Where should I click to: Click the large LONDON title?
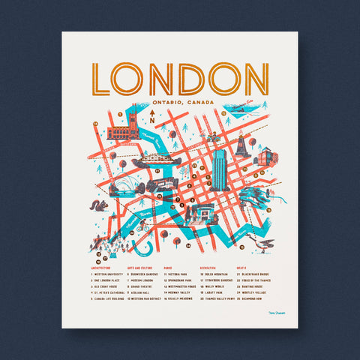tap(180, 78)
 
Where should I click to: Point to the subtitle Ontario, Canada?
tap(182, 102)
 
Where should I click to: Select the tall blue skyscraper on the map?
tap(220, 169)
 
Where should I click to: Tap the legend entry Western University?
tap(106, 274)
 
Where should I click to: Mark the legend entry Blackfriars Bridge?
tap(255, 274)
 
